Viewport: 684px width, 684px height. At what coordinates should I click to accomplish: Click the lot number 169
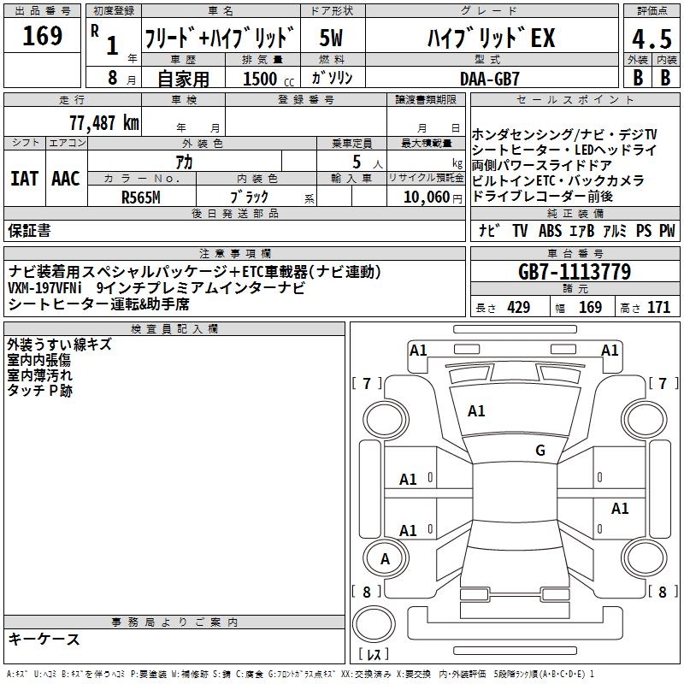(42, 36)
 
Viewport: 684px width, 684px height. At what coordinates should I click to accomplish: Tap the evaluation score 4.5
(652, 38)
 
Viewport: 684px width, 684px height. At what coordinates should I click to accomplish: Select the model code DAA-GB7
(490, 79)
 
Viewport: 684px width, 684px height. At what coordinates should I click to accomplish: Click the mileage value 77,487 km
(104, 122)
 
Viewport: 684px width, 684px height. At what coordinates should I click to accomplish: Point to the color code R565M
(141, 198)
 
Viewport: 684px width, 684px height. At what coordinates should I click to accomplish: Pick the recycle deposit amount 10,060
(427, 197)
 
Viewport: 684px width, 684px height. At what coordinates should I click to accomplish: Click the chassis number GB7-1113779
(575, 272)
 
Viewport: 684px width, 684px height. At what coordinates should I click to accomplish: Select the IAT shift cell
(24, 179)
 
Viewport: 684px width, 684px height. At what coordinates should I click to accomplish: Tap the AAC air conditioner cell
(66, 179)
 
